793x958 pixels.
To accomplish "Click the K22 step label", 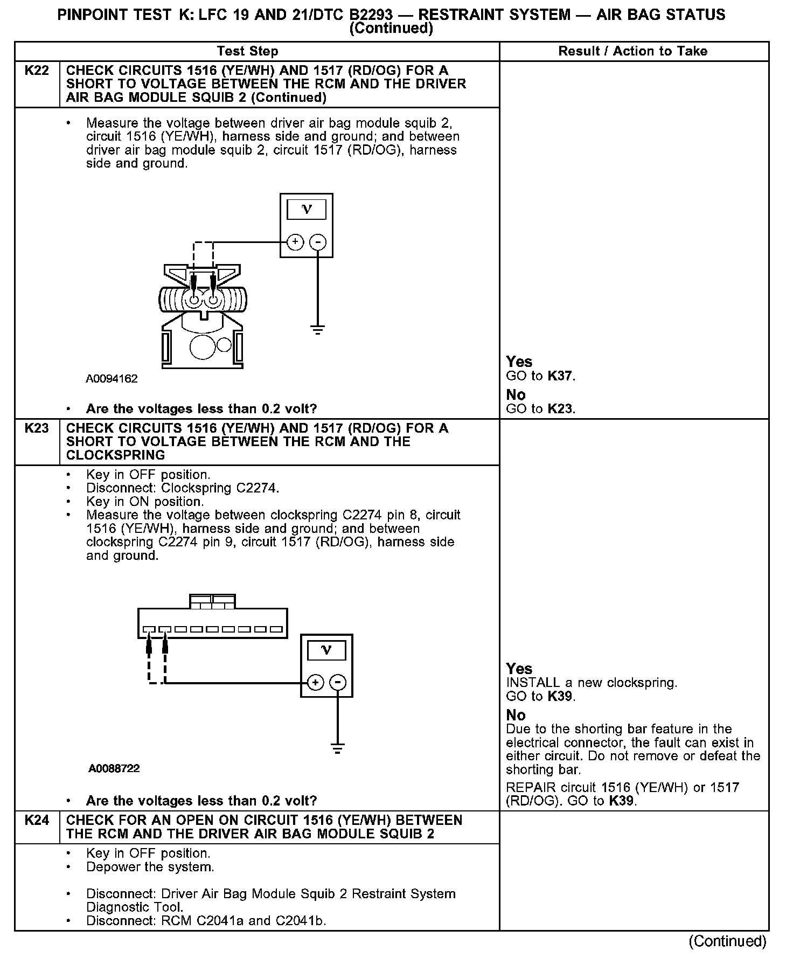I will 37,71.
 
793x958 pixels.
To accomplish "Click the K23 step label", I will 37,428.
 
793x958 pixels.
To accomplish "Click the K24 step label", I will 37,820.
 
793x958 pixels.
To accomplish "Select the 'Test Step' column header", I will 247,51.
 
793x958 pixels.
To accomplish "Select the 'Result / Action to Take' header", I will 633,51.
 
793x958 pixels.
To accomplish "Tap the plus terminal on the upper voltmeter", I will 295,242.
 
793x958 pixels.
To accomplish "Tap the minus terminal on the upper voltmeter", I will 318,242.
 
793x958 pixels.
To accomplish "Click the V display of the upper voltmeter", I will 307,210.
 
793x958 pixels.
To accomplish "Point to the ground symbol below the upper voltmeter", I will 318,330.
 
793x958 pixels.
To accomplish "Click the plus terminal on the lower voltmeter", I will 315,683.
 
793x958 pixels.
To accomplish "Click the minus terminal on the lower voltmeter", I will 338,683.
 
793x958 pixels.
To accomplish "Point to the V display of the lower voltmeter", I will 326,650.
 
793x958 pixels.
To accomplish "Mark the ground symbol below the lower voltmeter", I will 338,749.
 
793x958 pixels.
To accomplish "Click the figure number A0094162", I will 112,379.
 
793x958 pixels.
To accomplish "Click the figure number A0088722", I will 114,768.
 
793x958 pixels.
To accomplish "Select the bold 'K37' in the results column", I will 560,376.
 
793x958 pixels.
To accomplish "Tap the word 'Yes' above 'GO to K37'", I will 519,362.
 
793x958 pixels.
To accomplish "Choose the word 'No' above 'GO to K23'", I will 516,394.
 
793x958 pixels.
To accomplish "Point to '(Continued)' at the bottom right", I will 727,941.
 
